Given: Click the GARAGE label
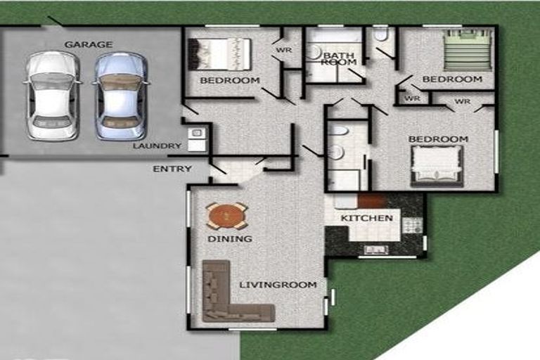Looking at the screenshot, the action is (89, 44).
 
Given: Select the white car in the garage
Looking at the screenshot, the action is (52, 96).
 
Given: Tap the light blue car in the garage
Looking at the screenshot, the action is (120, 96).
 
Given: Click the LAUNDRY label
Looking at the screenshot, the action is (157, 146).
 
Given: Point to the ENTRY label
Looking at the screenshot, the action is (172, 169).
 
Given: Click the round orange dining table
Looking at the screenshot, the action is (226, 217).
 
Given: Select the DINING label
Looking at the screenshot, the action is (230, 239).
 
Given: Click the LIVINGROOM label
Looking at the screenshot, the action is (278, 285).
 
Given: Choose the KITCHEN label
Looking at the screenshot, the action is (367, 218).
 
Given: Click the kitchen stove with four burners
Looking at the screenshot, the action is (412, 226).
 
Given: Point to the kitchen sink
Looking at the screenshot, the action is (376, 250).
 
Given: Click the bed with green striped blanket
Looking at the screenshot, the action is (469, 50).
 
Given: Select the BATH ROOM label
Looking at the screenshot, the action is (339, 58).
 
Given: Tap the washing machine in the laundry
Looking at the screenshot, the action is (197, 133).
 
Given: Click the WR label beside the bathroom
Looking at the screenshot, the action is (284, 51).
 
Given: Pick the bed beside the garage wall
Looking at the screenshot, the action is (219, 54).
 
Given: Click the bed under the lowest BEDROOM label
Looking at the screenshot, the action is (437, 167).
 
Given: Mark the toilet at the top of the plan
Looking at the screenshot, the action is (381, 34).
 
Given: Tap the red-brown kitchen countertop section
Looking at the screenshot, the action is (371, 201).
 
